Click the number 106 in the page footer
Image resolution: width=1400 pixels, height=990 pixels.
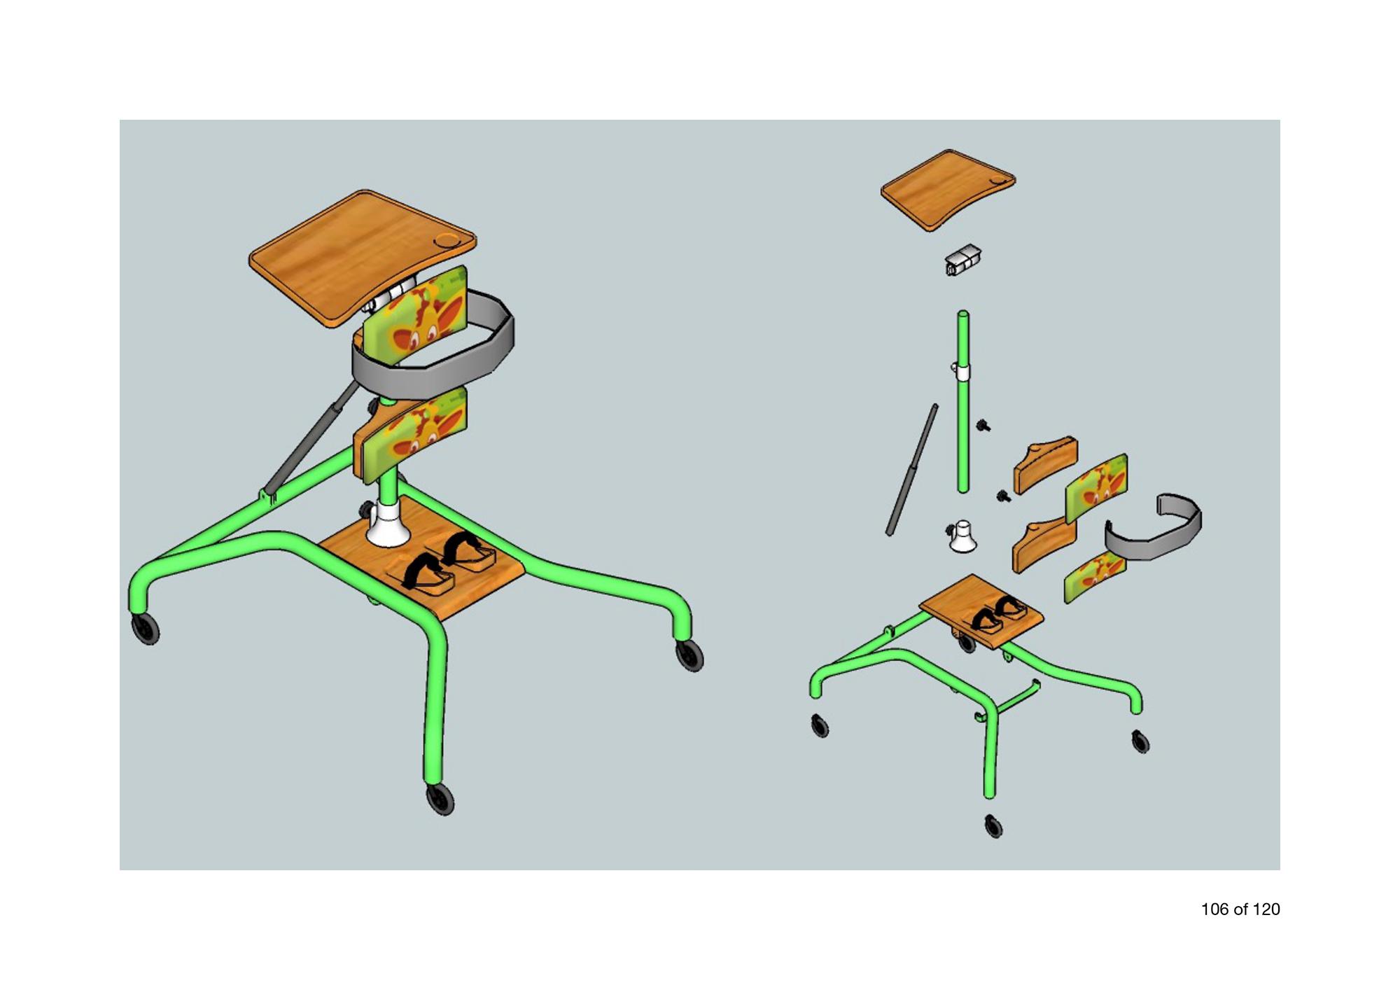pos(1214,909)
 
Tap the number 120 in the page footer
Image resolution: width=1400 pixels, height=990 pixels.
pos(1266,909)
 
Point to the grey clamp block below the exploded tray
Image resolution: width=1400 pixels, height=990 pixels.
pos(963,260)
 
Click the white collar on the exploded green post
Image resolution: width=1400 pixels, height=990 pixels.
pos(963,371)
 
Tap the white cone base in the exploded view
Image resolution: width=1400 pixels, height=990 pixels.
pos(962,536)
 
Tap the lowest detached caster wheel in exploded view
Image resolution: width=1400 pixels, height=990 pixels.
pos(993,826)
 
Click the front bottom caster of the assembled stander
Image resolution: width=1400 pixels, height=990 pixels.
pos(440,799)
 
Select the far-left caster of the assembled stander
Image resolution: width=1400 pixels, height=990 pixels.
pos(145,628)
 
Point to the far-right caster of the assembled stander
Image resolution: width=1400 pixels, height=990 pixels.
pos(689,655)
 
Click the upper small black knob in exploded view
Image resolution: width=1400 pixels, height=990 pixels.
pos(984,425)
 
